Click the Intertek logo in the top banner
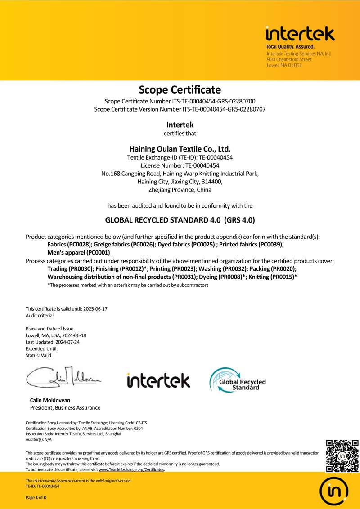tap(300, 34)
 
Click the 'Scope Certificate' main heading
tap(180, 89)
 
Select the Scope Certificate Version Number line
tap(180, 109)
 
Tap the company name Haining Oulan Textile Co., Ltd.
tap(180, 148)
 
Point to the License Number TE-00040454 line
tap(180, 165)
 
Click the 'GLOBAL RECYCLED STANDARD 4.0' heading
tap(180, 220)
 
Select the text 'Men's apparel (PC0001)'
tap(79, 253)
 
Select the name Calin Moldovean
tap(50, 400)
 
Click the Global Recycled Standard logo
tap(237, 380)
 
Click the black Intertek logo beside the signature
tap(158, 380)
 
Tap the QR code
tap(342, 456)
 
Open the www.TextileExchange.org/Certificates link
tap(131, 470)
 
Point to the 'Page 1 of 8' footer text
tap(36, 497)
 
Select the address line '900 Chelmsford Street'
tap(289, 59)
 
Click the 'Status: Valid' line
tap(39, 355)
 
